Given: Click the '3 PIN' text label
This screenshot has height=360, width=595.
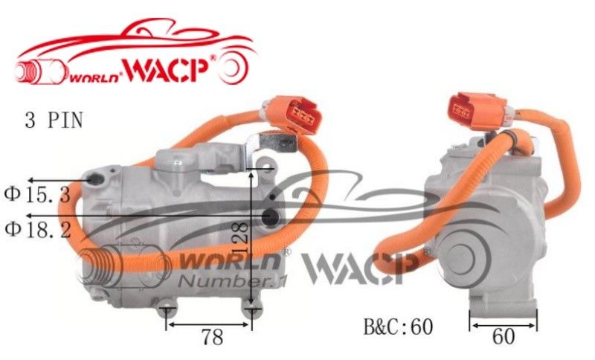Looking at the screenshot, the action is (x=54, y=120).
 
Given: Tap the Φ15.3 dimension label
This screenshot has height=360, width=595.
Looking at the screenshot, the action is (x=38, y=195).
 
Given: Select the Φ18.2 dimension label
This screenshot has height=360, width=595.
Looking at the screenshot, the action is (x=38, y=230).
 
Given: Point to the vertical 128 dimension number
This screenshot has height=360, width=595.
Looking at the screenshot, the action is (x=240, y=239).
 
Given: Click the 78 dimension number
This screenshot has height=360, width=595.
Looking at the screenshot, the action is (x=212, y=337).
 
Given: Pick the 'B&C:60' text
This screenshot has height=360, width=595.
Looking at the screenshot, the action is (x=398, y=327).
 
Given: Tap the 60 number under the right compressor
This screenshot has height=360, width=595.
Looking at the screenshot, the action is (x=504, y=336).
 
